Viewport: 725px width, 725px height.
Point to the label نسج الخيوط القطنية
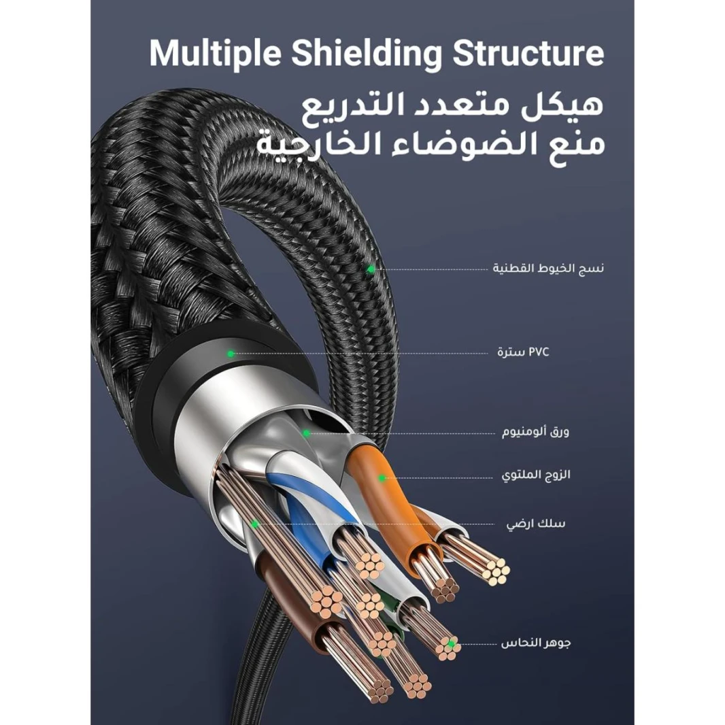pos(548,269)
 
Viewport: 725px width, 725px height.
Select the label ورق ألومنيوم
pos(536,432)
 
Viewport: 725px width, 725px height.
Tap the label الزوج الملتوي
pos(536,475)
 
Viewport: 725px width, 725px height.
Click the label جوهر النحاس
pos(536,643)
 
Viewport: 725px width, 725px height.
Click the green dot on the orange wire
pos(382,478)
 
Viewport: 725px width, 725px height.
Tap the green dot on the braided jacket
pos(371,269)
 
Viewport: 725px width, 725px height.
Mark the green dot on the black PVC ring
pos(231,354)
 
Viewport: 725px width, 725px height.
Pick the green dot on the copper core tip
pos(450,643)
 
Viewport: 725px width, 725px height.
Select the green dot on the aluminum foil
pos(306,433)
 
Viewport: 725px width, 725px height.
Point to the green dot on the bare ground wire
pos(254,524)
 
